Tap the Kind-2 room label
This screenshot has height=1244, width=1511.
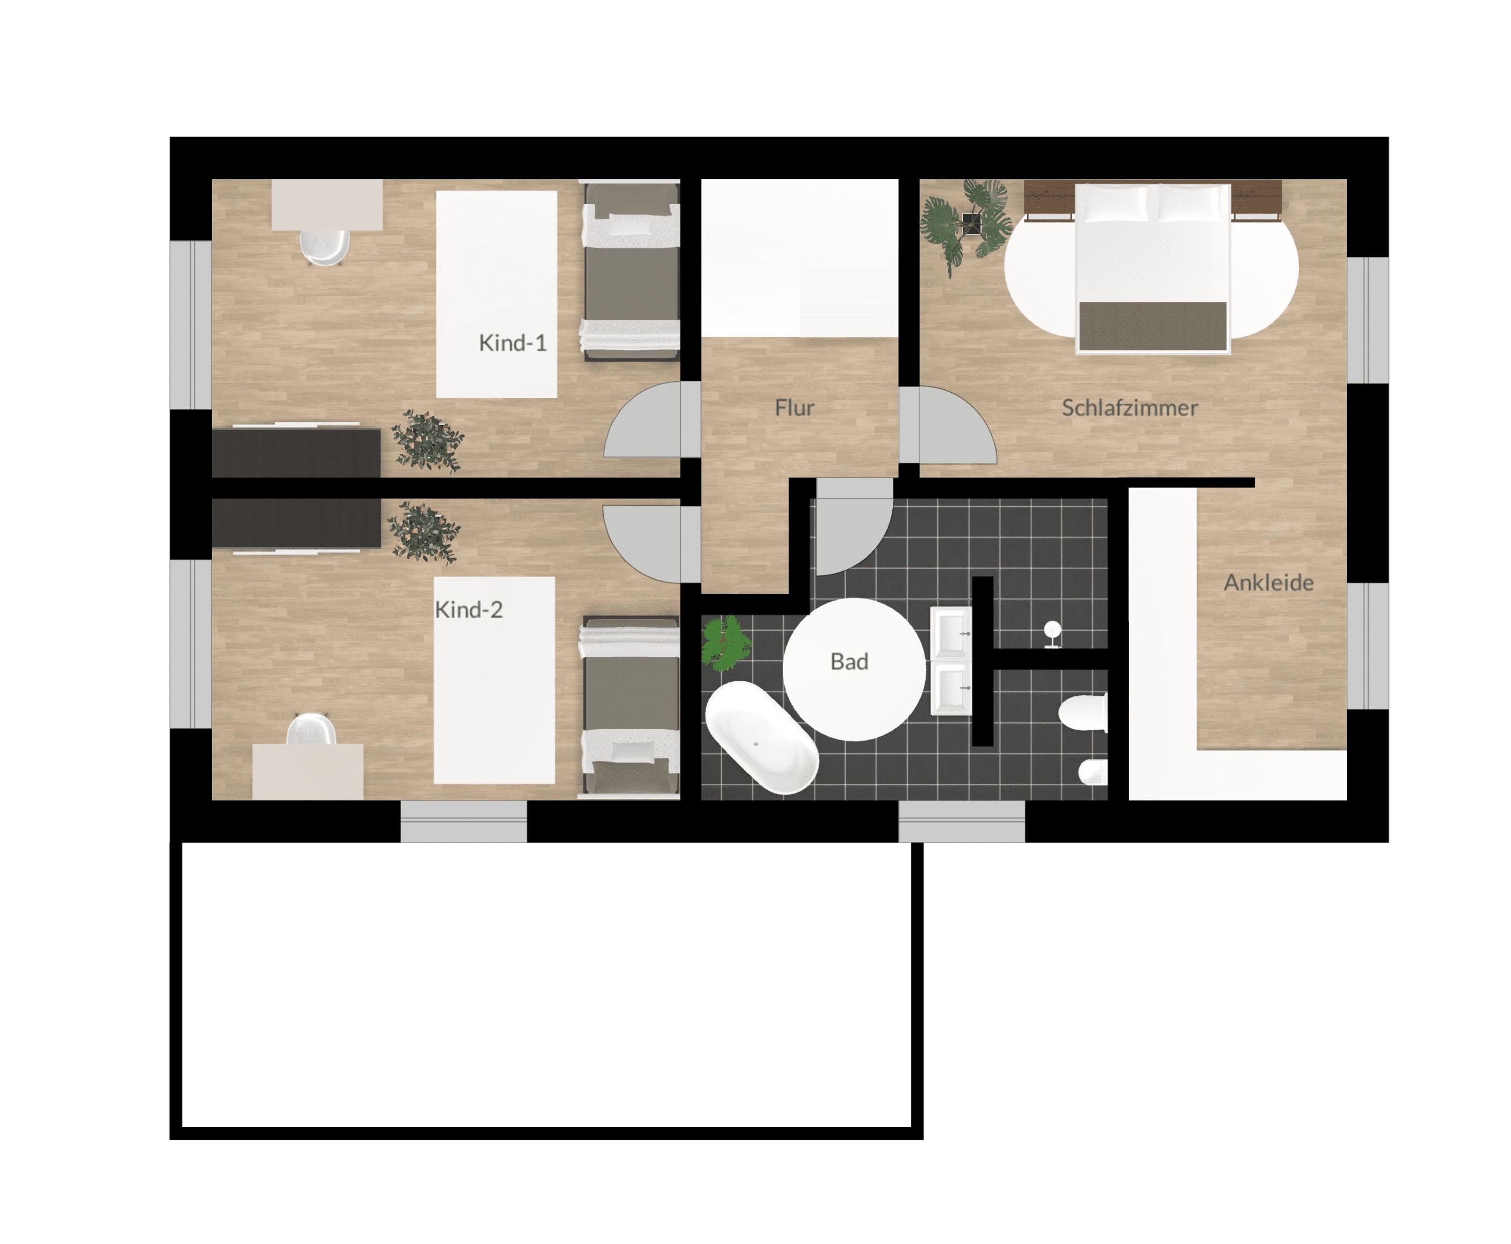[468, 609]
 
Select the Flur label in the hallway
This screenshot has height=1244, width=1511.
[794, 408]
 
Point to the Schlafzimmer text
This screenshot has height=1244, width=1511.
[1129, 408]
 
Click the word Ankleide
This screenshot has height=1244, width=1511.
[1268, 583]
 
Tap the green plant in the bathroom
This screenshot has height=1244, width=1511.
[726, 643]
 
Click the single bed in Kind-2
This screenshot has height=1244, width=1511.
[630, 706]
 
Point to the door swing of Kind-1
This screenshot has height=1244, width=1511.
[643, 419]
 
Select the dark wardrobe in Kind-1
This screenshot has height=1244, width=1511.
[296, 452]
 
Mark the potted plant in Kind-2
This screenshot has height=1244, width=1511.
[423, 532]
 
